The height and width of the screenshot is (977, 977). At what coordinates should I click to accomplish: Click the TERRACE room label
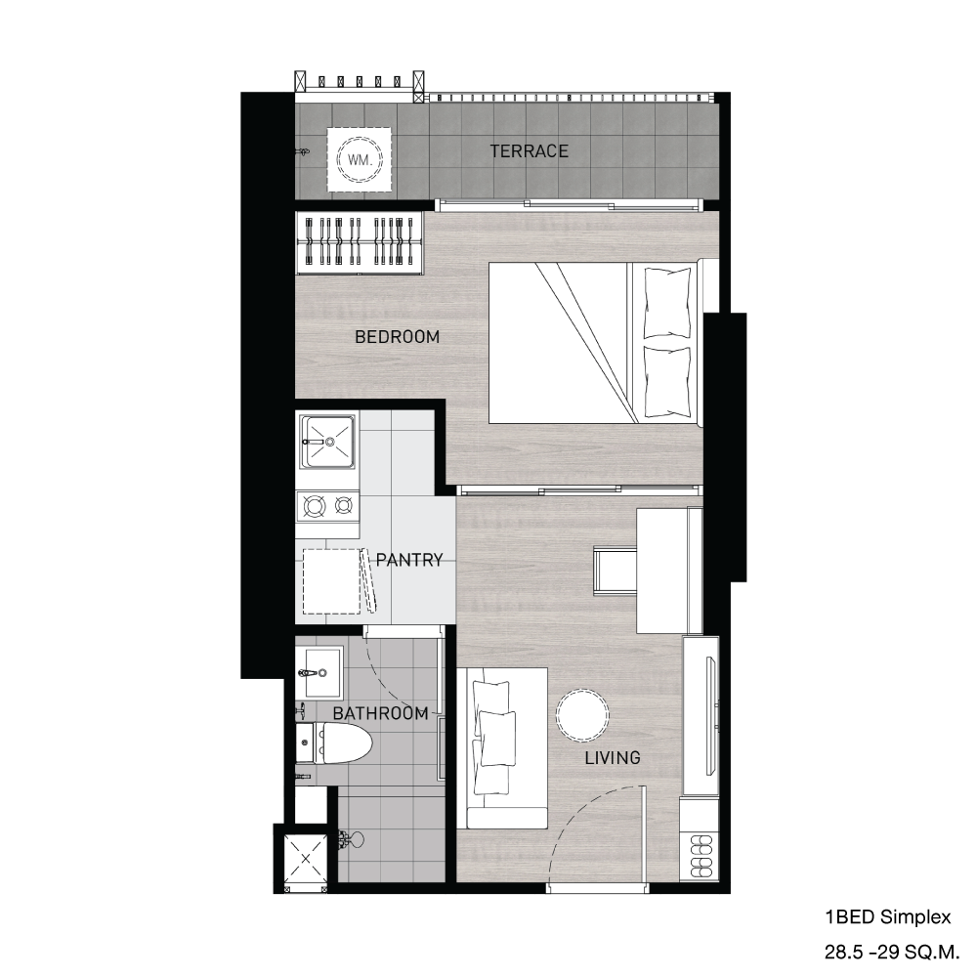(x=529, y=151)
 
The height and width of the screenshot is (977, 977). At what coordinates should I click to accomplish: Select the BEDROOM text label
(x=397, y=337)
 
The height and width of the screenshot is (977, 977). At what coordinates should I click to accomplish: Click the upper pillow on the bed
(x=667, y=302)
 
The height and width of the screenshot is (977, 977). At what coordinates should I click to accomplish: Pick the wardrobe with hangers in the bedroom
(x=360, y=240)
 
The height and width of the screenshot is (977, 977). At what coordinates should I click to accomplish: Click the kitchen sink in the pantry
(x=327, y=442)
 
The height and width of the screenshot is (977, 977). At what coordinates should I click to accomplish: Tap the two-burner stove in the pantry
(x=327, y=505)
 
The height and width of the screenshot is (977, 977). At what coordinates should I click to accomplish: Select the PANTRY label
(x=409, y=561)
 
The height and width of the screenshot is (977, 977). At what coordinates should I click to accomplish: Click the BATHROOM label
(x=380, y=713)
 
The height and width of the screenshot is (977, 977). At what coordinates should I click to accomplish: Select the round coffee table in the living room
(x=581, y=715)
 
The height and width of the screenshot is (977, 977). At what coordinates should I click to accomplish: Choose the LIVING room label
(x=613, y=757)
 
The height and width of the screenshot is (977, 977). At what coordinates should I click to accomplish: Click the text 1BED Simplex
(x=886, y=917)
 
